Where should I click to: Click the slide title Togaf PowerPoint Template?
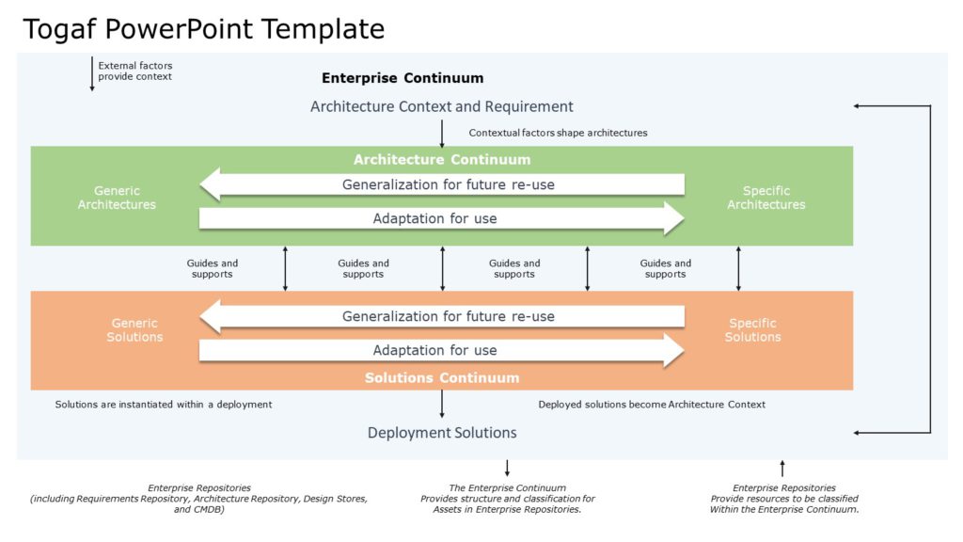click(203, 29)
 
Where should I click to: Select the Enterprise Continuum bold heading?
click(403, 78)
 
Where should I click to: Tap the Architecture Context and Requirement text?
click(441, 106)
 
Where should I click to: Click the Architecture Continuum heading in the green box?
click(441, 159)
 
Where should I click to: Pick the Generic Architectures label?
click(117, 198)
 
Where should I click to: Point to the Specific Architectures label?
click(766, 198)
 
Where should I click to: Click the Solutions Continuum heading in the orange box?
click(441, 377)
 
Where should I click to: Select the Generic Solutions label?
click(134, 330)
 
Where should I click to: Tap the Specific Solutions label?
click(752, 330)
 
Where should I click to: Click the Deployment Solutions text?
click(441, 433)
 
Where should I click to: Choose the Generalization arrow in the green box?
click(442, 184)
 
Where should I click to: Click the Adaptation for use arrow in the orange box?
click(442, 350)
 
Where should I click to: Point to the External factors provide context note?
click(135, 72)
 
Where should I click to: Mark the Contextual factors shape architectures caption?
click(558, 133)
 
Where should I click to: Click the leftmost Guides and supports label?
click(213, 269)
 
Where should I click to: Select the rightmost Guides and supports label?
click(665, 269)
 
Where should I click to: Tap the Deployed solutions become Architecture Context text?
click(652, 405)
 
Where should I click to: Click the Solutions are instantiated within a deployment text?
click(164, 405)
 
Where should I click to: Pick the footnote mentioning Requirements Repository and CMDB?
click(198, 499)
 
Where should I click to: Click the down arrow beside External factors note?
click(92, 74)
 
